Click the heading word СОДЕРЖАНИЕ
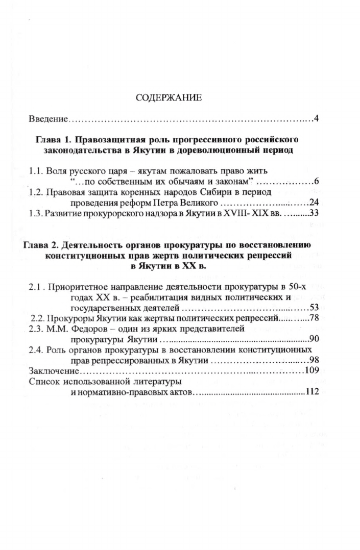pos(169,98)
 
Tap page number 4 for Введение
pos(317,119)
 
